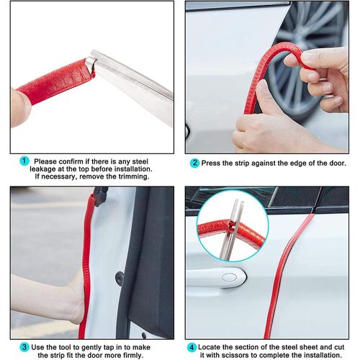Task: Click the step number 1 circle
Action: coord(24,161)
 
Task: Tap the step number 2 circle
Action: coord(194,163)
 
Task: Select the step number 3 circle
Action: coord(24,347)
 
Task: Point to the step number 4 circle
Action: coord(192,347)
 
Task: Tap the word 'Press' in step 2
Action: coord(210,163)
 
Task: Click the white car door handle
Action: coord(216,277)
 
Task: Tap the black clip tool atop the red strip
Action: coord(100,196)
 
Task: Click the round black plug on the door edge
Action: coord(120,278)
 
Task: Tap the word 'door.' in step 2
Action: coord(337,163)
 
